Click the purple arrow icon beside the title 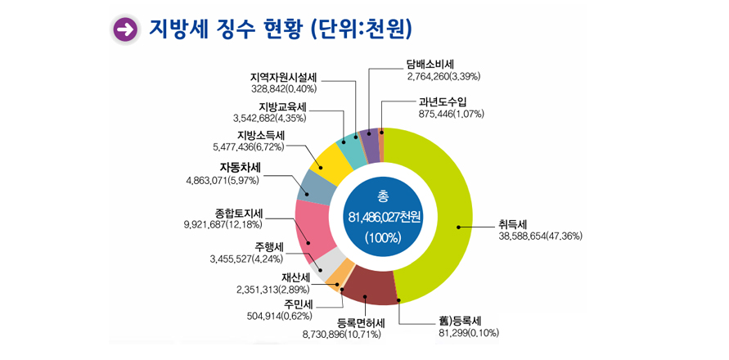[x=125, y=29]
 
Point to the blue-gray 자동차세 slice [x=314, y=187]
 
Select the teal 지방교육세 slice [x=352, y=147]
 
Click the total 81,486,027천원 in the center [x=383, y=218]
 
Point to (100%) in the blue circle [x=383, y=238]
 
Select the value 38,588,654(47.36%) [x=541, y=236]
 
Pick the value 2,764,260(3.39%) [x=443, y=76]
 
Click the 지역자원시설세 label [x=283, y=77]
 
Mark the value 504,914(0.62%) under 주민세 [x=279, y=316]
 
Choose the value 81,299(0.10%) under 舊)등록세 [x=469, y=333]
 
